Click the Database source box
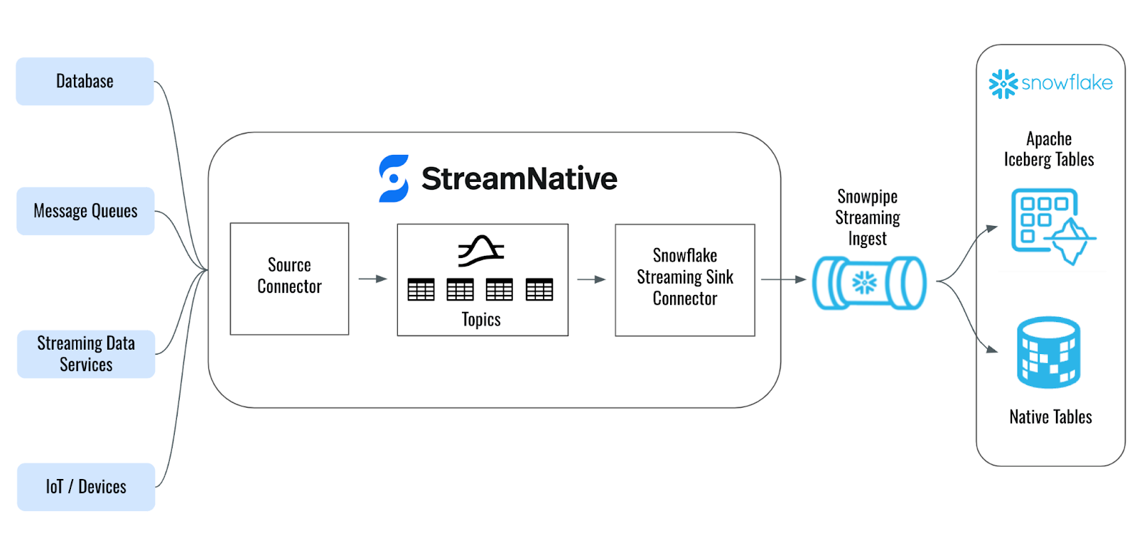[85, 82]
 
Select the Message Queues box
[85, 211]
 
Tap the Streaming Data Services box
[86, 354]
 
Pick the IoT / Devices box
[86, 487]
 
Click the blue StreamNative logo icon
[394, 178]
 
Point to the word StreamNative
[519, 178]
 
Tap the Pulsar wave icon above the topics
[481, 251]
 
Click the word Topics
[481, 320]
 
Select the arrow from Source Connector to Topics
[372, 279]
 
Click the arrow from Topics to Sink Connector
[591, 280]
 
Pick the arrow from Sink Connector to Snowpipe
[783, 280]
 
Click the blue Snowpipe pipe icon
[869, 283]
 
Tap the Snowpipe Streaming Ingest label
[867, 217]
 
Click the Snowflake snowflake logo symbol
[1003, 84]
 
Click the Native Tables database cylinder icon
[1048, 353]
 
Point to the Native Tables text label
[1050, 417]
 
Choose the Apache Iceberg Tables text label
[1049, 149]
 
